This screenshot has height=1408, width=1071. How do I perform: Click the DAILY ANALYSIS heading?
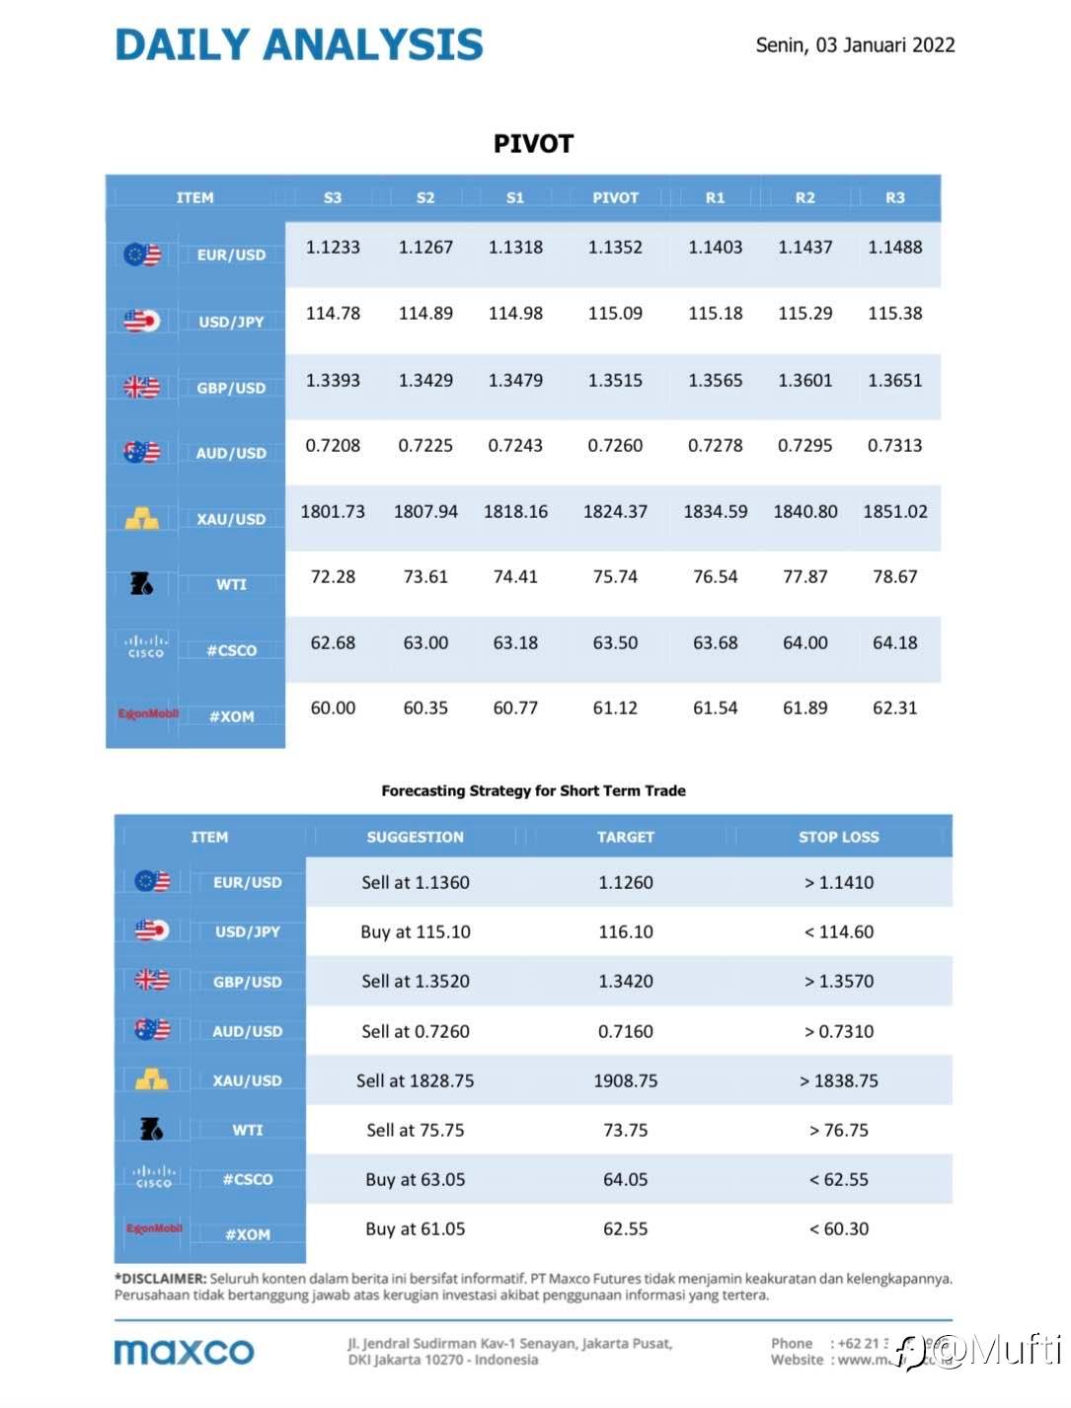(299, 45)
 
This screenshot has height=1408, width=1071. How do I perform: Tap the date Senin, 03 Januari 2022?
(855, 45)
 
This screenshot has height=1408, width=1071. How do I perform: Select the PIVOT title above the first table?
(533, 144)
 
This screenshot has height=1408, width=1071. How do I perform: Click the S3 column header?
(333, 197)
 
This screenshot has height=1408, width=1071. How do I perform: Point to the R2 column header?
(805, 197)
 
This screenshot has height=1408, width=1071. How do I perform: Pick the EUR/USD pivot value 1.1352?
(615, 248)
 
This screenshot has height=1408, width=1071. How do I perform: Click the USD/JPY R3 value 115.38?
(894, 314)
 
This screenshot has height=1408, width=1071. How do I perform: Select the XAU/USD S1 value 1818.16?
(515, 512)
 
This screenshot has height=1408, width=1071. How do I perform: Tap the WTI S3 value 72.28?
(333, 577)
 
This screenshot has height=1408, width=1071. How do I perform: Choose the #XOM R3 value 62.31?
(894, 708)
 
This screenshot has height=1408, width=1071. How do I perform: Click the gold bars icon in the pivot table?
(142, 518)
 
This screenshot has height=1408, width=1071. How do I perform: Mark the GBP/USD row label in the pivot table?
(231, 388)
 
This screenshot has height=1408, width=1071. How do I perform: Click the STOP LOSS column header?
(838, 837)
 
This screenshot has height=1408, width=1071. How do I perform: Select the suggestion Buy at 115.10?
(416, 932)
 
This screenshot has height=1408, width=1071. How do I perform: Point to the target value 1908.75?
(625, 1081)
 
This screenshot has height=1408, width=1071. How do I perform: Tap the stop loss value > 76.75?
(839, 1131)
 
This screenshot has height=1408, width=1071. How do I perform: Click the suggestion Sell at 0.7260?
(416, 1032)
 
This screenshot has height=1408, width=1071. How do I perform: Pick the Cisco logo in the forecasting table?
(153, 1176)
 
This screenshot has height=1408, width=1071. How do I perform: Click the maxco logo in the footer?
(185, 1352)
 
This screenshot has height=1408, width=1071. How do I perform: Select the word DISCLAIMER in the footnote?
(162, 1279)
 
